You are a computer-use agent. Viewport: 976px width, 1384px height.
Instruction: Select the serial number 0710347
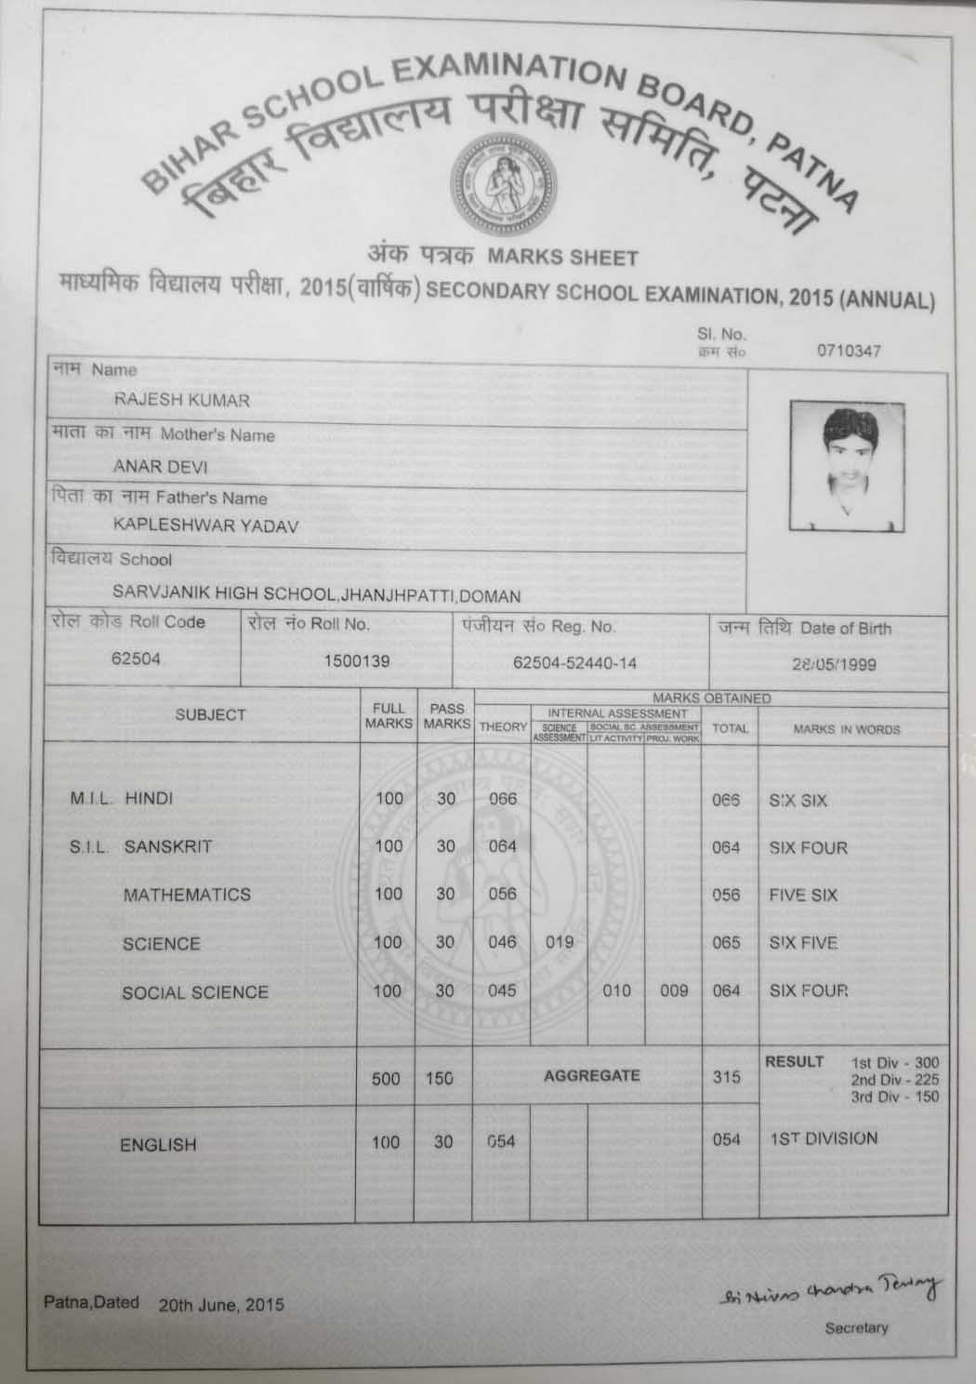coord(849,351)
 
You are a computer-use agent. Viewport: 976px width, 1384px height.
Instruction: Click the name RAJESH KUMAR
coord(181,400)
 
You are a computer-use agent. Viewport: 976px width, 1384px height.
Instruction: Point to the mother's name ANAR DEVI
coord(160,466)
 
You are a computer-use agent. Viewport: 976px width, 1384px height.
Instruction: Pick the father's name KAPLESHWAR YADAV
coord(205,526)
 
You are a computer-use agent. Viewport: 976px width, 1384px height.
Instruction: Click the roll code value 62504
coord(136,659)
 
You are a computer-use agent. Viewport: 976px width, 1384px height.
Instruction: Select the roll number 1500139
coord(356,661)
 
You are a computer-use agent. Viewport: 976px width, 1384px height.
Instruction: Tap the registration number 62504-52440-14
coord(574,662)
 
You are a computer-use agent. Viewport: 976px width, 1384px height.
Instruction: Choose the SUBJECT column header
coord(210,714)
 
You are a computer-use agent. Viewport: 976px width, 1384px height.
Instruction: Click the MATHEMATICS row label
coord(187,895)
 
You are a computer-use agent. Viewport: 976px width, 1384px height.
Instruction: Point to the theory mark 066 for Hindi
coord(502,799)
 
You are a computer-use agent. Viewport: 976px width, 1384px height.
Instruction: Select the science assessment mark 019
coord(559,942)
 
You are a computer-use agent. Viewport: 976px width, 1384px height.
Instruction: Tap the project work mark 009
coord(673,991)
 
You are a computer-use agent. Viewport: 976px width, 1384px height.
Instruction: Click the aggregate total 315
coord(726,1076)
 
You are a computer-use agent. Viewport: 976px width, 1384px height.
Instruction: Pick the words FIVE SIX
coord(803,896)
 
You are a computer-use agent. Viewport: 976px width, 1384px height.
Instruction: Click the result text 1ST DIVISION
coord(823,1138)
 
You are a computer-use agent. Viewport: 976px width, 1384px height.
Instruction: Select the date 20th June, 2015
coord(221,1304)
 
